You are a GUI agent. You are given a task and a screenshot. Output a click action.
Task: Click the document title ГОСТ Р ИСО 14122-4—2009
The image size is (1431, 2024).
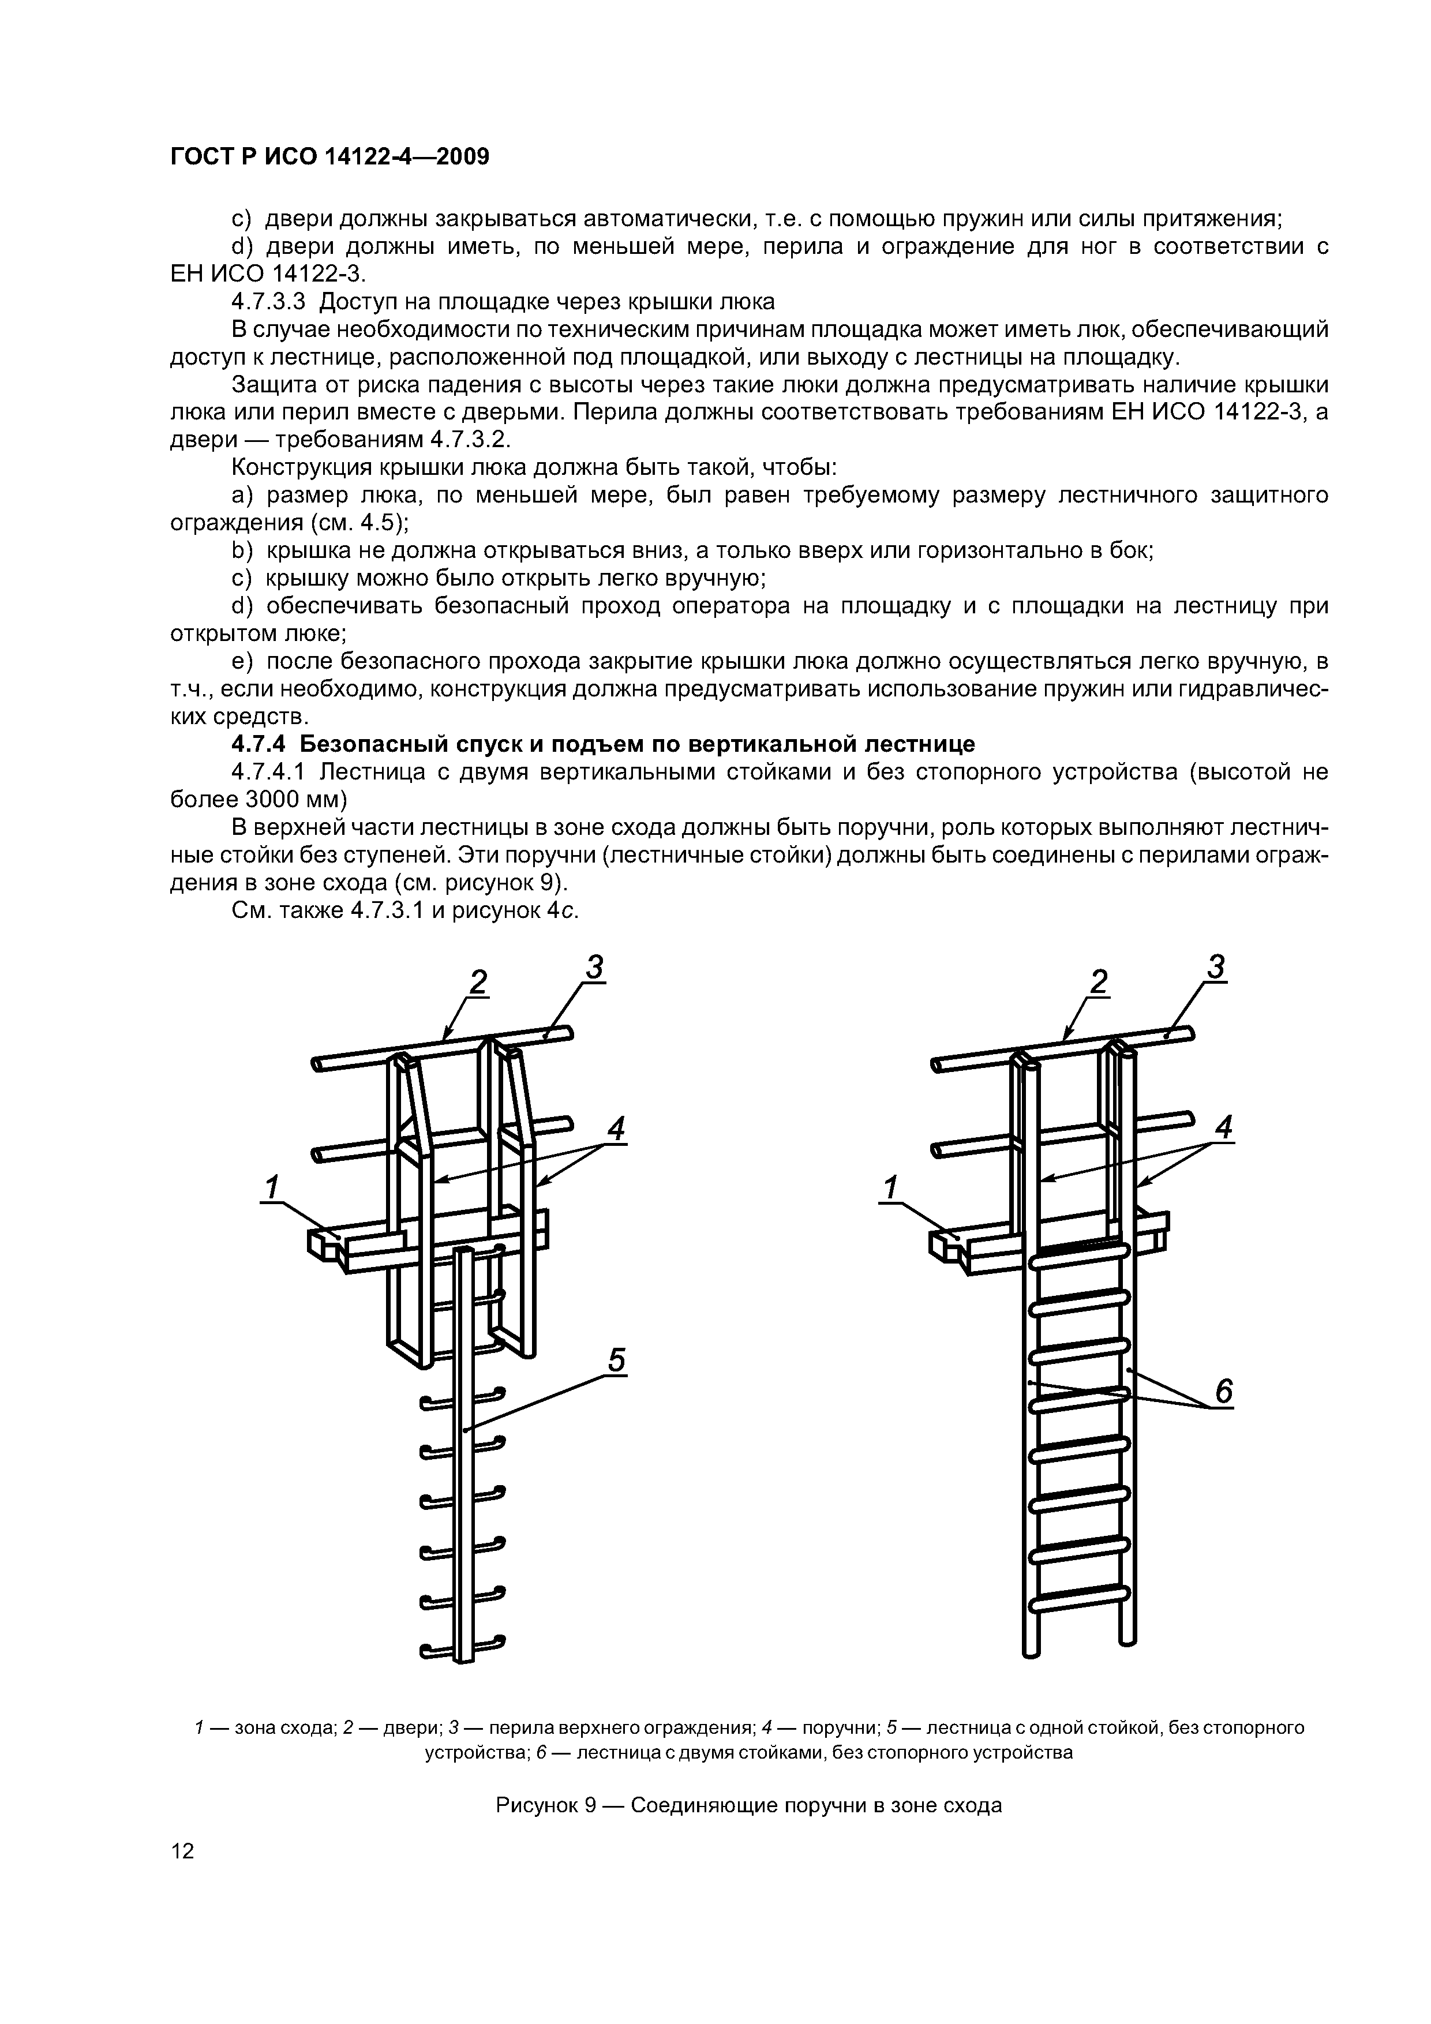click(329, 157)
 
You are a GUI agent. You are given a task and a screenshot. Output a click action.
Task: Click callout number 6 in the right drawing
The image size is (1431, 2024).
click(1224, 1391)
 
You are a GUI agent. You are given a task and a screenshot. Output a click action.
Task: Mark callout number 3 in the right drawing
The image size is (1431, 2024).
click(1217, 967)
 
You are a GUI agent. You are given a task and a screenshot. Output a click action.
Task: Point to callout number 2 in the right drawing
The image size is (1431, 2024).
click(1099, 981)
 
